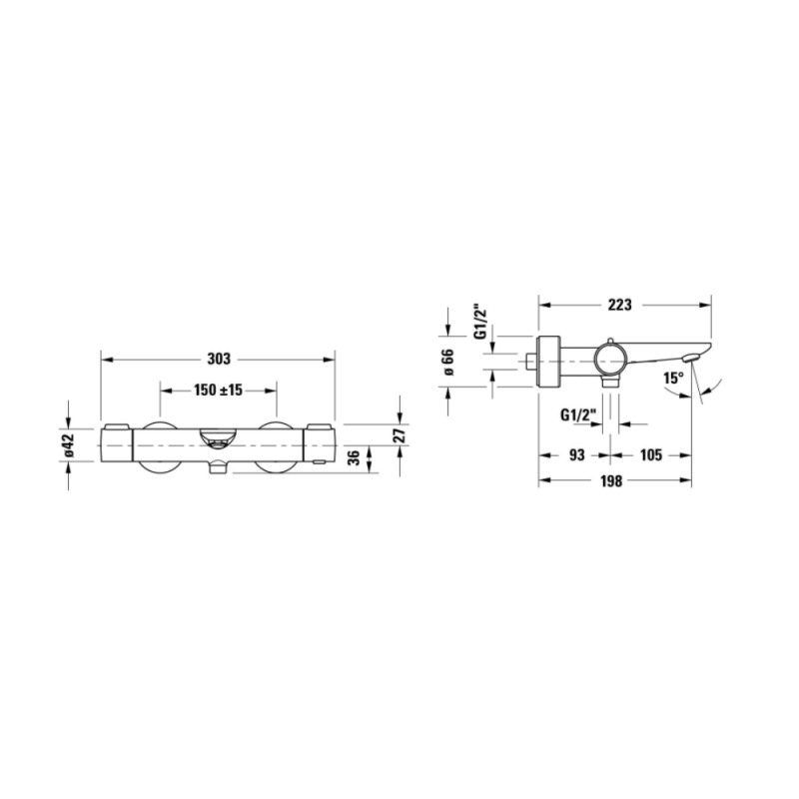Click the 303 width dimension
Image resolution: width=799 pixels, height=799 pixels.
point(219,360)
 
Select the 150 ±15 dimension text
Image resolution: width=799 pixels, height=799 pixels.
point(218,391)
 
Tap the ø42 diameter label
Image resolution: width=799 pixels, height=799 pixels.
point(69,445)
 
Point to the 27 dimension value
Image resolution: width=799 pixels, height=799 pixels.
point(400,435)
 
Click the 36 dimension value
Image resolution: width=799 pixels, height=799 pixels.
point(354,457)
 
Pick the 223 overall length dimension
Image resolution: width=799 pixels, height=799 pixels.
point(619,305)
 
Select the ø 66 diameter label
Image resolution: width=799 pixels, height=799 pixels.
point(447,362)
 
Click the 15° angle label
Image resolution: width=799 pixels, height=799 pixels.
point(673,379)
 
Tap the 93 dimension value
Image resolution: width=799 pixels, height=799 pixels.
point(576,455)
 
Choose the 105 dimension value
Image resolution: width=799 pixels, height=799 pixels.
point(651,455)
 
